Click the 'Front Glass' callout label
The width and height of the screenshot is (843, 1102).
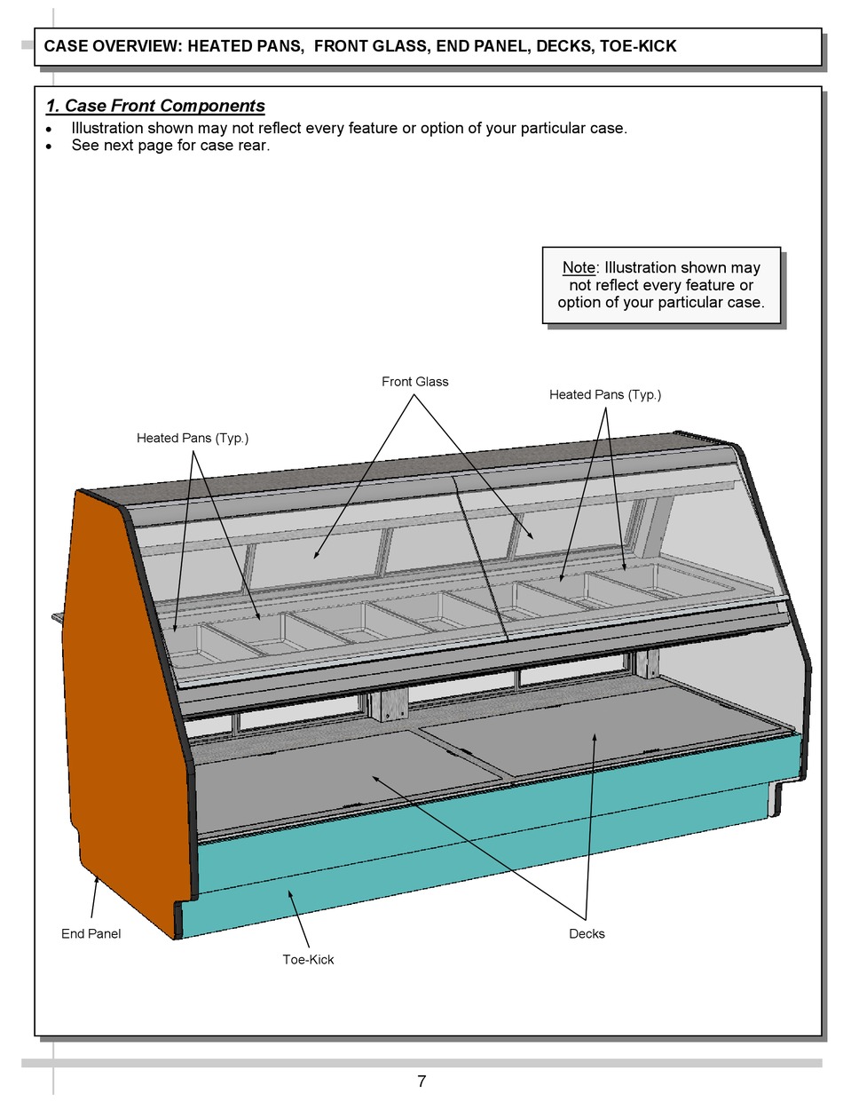click(415, 382)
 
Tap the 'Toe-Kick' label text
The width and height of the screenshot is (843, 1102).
click(308, 959)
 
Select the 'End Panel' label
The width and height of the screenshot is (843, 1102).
click(91, 933)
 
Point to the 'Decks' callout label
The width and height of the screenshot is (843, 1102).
click(587, 933)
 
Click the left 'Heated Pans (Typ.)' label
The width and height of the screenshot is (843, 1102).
click(193, 438)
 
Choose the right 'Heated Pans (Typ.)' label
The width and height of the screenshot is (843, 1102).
click(605, 394)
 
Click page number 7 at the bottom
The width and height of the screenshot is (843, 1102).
click(421, 1081)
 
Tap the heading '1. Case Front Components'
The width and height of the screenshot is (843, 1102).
click(155, 106)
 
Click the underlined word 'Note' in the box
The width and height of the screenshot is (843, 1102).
click(579, 267)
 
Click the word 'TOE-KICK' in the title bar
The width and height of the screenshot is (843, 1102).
click(638, 46)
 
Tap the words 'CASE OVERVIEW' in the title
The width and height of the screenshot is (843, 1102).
click(112, 46)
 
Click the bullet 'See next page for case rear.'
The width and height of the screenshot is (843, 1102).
click(170, 145)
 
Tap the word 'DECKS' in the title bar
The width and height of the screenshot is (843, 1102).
click(564, 46)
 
